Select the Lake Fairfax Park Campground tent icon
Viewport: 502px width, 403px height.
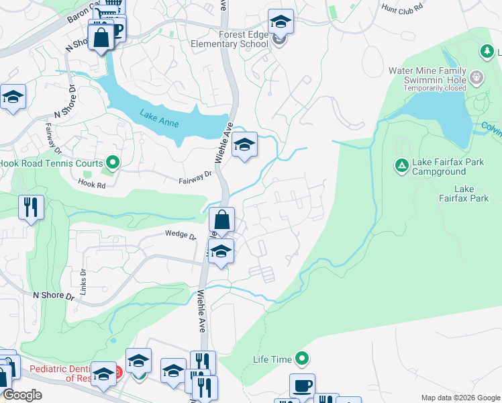pyautogui.click(x=401, y=165)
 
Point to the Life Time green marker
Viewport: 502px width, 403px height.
pyautogui.click(x=303, y=359)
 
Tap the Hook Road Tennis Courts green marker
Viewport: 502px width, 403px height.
pyautogui.click(x=113, y=163)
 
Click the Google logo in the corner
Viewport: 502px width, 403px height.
pyautogui.click(x=21, y=395)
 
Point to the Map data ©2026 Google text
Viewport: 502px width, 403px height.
pyautogui.click(x=460, y=398)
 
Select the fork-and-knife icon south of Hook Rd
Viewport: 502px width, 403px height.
pyautogui.click(x=32, y=208)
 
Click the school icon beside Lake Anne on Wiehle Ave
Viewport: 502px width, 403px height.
pyautogui.click(x=245, y=144)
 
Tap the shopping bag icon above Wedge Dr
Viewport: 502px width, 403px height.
pyautogui.click(x=222, y=219)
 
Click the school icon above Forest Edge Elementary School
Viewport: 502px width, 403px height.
pyautogui.click(x=281, y=22)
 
